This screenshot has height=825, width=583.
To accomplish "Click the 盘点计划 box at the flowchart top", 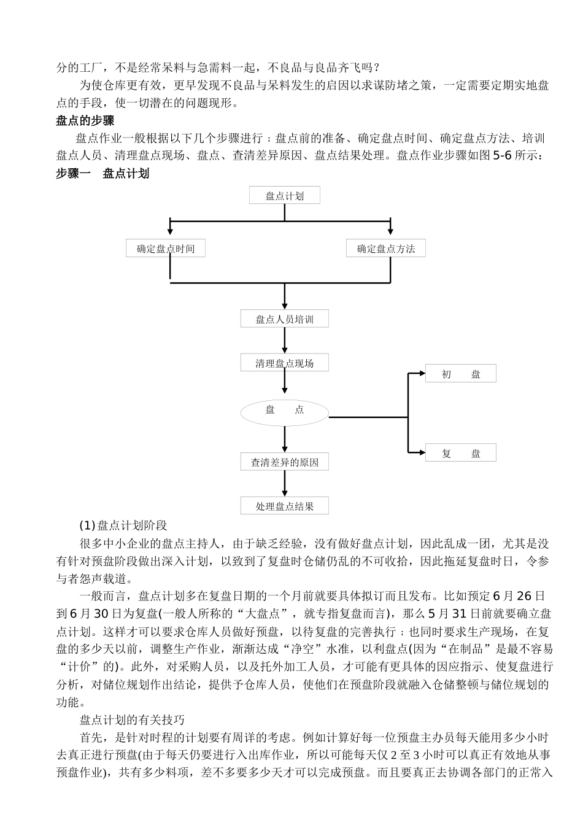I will pyautogui.click(x=285, y=196).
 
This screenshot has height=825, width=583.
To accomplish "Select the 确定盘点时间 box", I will pyautogui.click(x=165, y=249).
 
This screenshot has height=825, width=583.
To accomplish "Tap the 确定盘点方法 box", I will pyautogui.click(x=386, y=249).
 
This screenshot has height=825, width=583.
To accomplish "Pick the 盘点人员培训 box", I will pyautogui.click(x=285, y=319).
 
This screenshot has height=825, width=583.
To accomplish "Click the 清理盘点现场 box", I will pyautogui.click(x=285, y=363).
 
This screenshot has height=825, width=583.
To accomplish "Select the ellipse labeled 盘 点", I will pyautogui.click(x=285, y=411).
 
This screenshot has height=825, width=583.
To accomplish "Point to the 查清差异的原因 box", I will pyautogui.click(x=285, y=462).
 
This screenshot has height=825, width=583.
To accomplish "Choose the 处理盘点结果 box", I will pyautogui.click(x=285, y=506).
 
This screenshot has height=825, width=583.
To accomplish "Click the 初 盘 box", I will pyautogui.click(x=461, y=374).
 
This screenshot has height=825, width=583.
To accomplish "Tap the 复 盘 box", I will pyautogui.click(x=461, y=453).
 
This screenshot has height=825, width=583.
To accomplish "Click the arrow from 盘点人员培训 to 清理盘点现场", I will pyautogui.click(x=285, y=341).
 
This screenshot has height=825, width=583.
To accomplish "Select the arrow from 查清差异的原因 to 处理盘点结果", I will pyautogui.click(x=285, y=484).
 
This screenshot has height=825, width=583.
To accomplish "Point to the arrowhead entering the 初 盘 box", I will pyautogui.click(x=421, y=373).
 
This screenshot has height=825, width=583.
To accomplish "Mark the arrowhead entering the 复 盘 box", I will pyautogui.click(x=421, y=453).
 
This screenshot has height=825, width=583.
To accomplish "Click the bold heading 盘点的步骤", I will pyautogui.click(x=85, y=121).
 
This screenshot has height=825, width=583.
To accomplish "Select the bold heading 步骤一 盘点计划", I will pyautogui.click(x=102, y=174).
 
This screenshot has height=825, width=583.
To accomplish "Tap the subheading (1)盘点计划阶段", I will pyautogui.click(x=123, y=525).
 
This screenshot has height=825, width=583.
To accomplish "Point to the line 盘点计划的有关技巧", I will pyautogui.click(x=132, y=719).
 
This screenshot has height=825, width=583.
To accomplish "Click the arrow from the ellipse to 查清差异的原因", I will pyautogui.click(x=285, y=440).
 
